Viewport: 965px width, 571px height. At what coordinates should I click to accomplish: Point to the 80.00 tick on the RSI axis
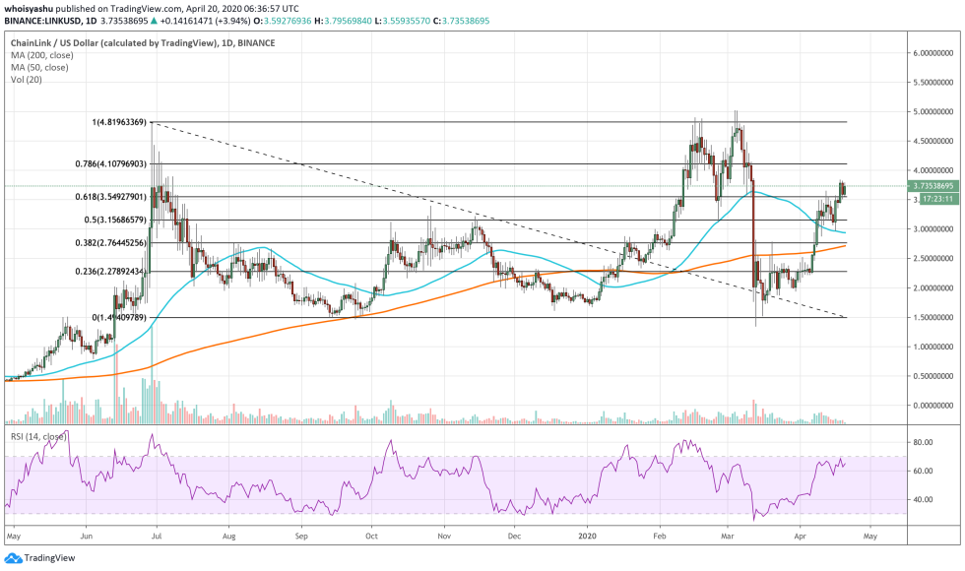pyautogui.click(x=922, y=443)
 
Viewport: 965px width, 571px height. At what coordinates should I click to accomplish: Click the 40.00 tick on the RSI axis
pyautogui.click(x=922, y=499)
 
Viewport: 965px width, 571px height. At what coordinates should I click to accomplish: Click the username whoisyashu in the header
pyautogui.click(x=32, y=7)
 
